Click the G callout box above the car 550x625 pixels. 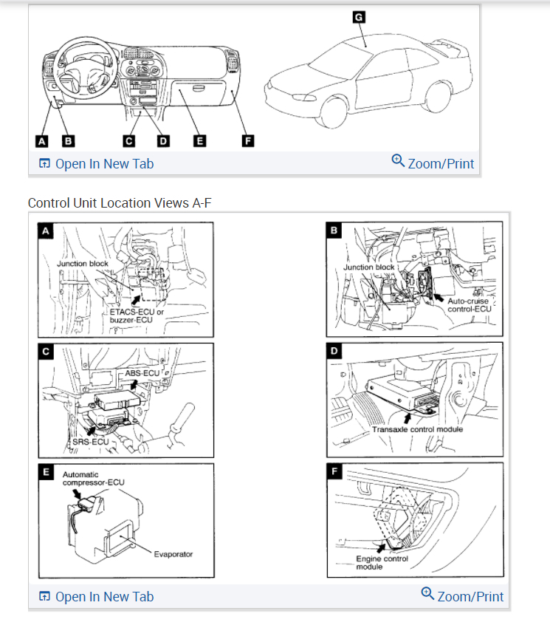coord(359,17)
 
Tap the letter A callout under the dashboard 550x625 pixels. coord(42,140)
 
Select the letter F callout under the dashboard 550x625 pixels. coord(248,140)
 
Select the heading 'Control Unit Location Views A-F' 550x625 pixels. coord(120,202)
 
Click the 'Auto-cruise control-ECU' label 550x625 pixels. coord(469,305)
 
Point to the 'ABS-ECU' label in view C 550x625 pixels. coord(142,373)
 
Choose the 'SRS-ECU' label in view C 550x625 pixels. coord(92,441)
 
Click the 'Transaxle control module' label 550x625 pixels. coord(417,429)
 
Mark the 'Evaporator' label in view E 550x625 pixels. coord(173,553)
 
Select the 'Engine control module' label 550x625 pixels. coord(382,562)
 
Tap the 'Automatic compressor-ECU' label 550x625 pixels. coord(94,478)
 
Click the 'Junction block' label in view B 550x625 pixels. coord(369,267)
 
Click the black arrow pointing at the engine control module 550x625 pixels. coord(380,547)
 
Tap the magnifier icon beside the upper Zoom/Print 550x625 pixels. coord(398,160)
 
